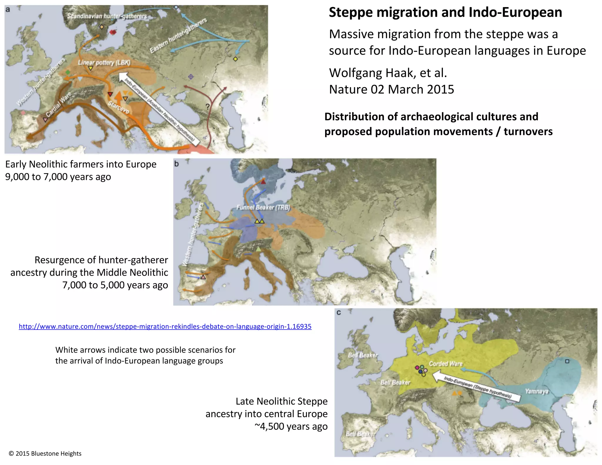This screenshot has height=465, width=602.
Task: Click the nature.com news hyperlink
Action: tap(165, 326)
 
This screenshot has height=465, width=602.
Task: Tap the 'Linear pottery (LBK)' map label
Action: tap(104, 63)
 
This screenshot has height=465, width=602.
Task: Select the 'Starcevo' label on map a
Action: tap(118, 107)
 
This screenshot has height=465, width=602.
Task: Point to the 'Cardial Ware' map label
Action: tap(58, 104)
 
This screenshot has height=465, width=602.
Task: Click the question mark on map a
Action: tap(208, 107)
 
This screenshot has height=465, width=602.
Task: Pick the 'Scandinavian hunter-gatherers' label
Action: tap(107, 16)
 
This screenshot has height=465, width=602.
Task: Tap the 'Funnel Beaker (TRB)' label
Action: tap(263, 207)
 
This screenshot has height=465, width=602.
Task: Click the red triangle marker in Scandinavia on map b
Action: tap(263, 182)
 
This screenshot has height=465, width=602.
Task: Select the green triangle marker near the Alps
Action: tap(258, 249)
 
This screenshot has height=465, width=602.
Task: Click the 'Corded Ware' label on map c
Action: tap(446, 364)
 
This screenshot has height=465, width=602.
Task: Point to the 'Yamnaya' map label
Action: tap(537, 391)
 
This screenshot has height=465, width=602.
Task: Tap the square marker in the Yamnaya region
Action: tap(567, 361)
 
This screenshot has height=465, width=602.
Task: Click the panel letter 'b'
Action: tap(176, 164)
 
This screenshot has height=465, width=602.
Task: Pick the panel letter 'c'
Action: tap(339, 313)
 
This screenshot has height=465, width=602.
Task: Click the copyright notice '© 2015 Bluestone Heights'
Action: tap(45, 454)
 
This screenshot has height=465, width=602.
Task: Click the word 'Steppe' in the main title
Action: tap(350, 13)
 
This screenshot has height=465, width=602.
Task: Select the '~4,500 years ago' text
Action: tap(291, 426)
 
